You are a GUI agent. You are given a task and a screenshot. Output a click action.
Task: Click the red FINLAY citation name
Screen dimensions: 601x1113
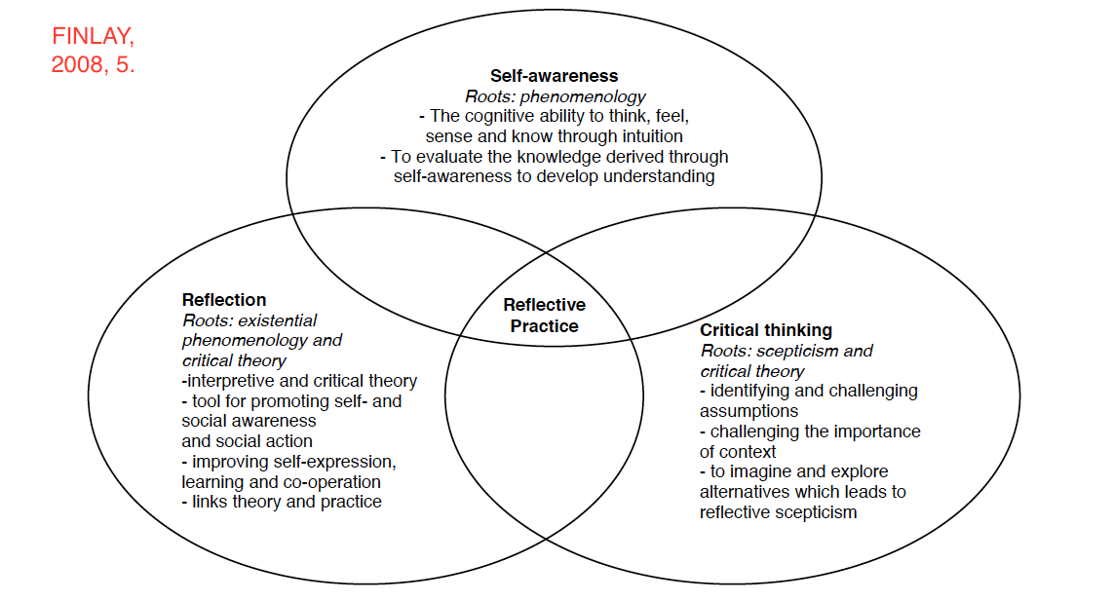coord(94,38)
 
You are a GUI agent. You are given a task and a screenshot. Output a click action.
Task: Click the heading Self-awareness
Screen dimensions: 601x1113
coord(554,76)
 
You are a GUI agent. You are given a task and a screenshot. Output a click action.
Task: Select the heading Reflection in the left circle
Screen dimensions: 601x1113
coord(224,300)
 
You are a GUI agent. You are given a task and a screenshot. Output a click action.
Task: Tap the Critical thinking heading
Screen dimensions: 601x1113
coord(766,330)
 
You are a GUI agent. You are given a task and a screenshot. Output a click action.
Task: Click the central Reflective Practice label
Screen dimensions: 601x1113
coord(545,316)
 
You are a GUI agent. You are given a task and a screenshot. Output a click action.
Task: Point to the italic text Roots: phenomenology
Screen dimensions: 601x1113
coord(556,96)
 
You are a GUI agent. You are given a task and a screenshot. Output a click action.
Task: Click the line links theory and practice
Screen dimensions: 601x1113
coord(282,502)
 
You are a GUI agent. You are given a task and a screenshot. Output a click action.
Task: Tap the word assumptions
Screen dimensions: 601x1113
coord(749,411)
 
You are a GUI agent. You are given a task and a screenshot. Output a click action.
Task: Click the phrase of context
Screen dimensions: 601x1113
coord(738,452)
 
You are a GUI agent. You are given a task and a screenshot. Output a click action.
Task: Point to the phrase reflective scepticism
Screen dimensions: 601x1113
coord(779,512)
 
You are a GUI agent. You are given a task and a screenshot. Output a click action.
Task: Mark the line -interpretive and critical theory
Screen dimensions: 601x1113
coord(299,381)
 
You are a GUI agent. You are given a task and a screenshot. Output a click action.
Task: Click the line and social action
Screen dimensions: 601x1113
coord(247,441)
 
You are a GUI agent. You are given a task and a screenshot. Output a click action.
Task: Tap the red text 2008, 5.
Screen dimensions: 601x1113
coord(93,66)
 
